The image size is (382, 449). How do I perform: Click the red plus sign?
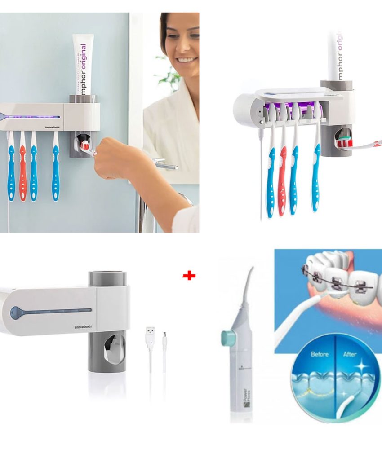pyautogui.click(x=189, y=276)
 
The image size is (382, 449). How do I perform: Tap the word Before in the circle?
pyautogui.click(x=320, y=354)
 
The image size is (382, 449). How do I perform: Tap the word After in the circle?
pyautogui.click(x=350, y=354)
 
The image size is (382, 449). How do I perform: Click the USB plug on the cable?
pyautogui.click(x=150, y=335)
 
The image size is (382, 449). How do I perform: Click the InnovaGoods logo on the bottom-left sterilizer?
pyautogui.click(x=83, y=327)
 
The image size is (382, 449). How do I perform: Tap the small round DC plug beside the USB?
pyautogui.click(x=164, y=337)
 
